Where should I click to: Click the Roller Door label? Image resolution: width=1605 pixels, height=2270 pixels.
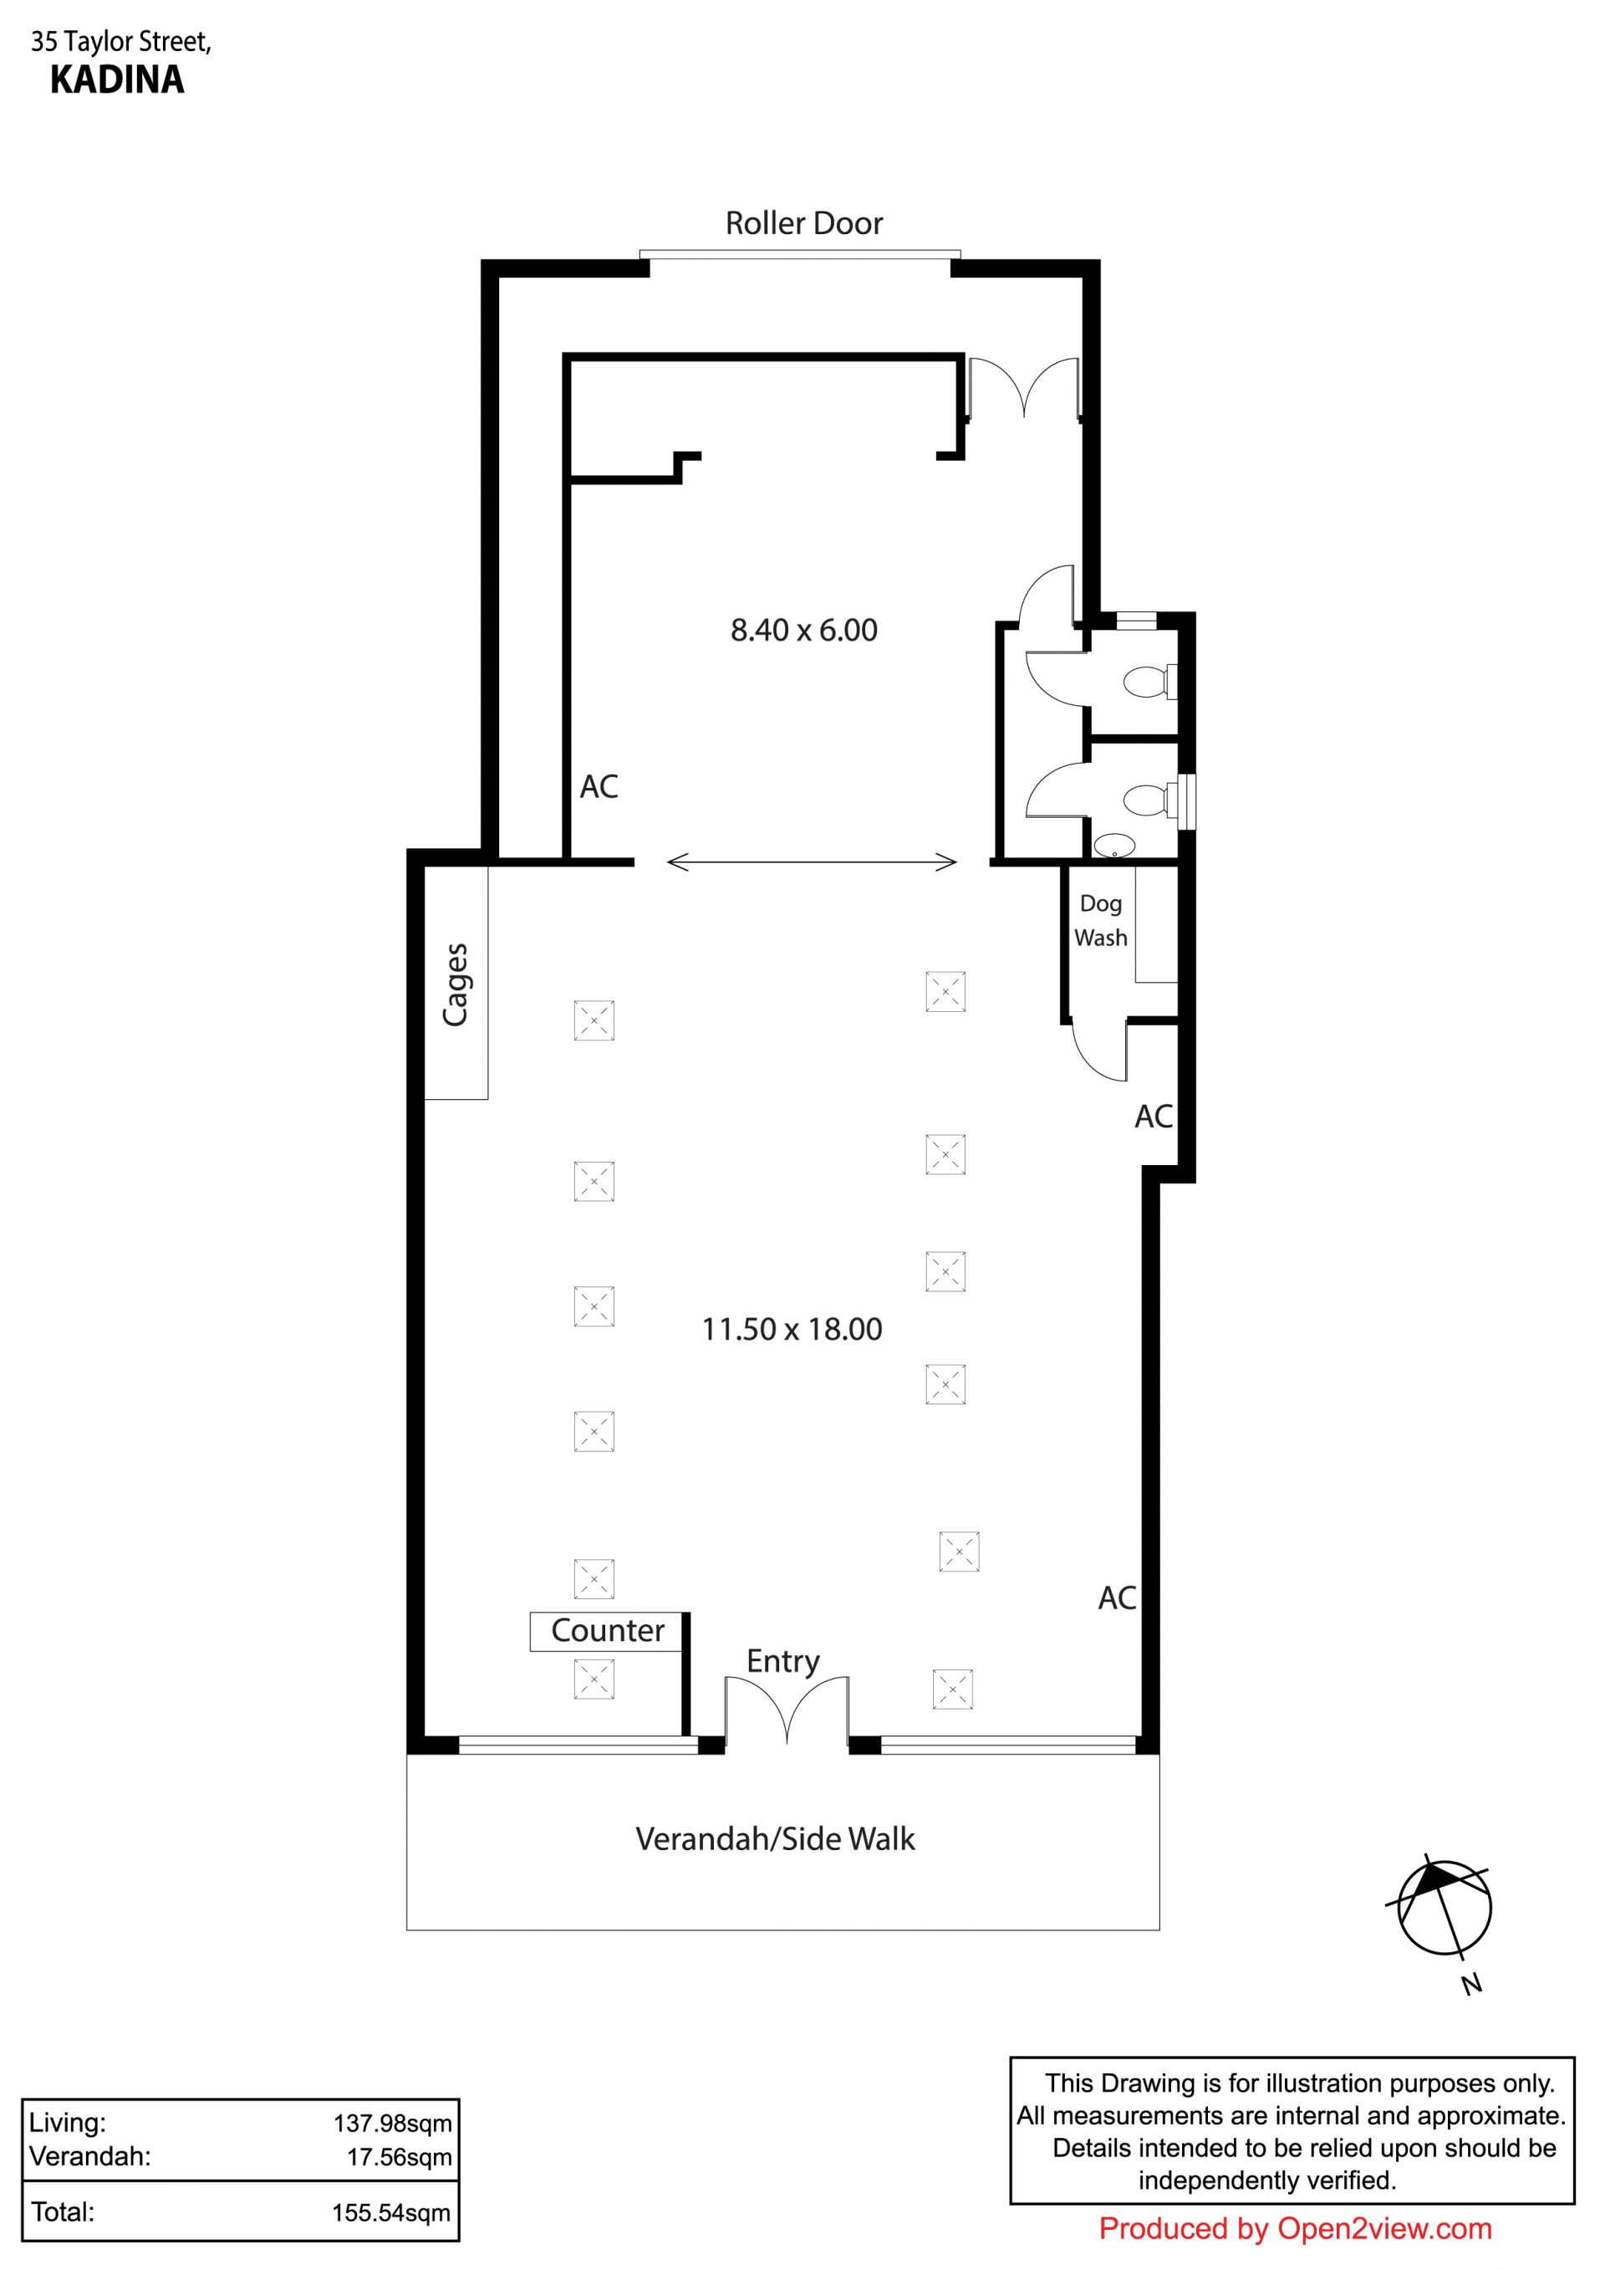point(803,223)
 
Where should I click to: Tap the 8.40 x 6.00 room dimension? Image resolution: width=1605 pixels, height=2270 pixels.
point(803,630)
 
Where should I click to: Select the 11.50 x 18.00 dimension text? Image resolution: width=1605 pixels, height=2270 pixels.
point(792,1329)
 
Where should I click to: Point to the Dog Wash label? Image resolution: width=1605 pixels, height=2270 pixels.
point(1101,920)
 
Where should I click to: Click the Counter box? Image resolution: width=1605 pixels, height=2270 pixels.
point(606,1630)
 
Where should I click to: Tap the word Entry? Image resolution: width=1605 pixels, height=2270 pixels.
point(782,1662)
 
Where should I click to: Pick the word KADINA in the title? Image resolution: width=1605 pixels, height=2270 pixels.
point(117,80)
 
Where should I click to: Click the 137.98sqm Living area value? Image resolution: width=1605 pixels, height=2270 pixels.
point(392,2122)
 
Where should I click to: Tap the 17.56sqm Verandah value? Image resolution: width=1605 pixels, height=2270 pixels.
point(400,2156)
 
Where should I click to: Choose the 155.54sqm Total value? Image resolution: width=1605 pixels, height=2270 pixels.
point(391,2211)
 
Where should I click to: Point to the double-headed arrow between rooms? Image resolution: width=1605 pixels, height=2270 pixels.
point(812,862)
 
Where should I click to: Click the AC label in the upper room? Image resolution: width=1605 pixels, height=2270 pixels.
point(599,787)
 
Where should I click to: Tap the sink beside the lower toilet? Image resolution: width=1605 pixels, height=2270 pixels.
point(1113,846)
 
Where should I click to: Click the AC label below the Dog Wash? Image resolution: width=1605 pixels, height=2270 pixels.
point(1154,1117)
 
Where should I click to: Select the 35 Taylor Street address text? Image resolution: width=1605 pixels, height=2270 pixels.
point(121,43)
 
